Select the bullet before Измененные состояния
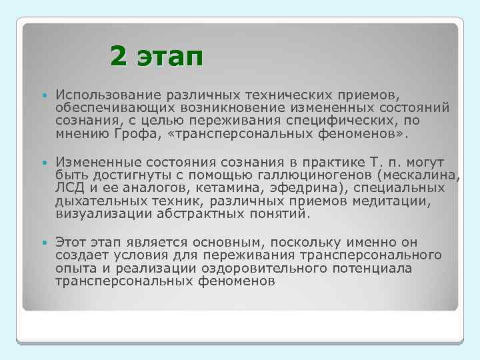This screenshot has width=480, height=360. pyautogui.click(x=44, y=162)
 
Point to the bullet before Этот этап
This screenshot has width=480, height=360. pyautogui.click(x=44, y=242)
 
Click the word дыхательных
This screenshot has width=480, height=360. pyautogui.click(x=93, y=203)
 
